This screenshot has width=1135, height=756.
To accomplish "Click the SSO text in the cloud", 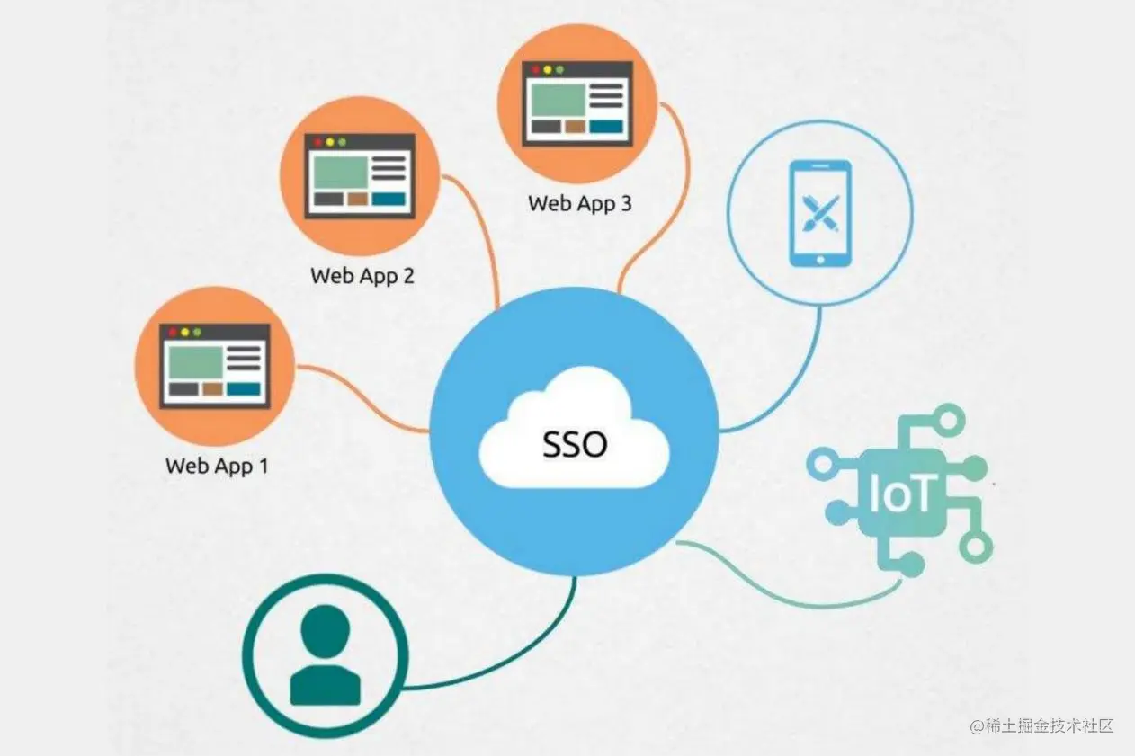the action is pyautogui.click(x=575, y=443).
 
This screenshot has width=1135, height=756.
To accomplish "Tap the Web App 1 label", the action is pyautogui.click(x=217, y=466).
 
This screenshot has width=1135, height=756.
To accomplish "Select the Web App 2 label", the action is pyautogui.click(x=362, y=275).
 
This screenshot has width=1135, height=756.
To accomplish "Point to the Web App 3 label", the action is pyautogui.click(x=579, y=203).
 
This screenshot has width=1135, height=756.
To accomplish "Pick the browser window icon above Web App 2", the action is pyautogui.click(x=359, y=176).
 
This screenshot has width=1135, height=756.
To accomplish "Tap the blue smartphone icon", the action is pyautogui.click(x=819, y=213).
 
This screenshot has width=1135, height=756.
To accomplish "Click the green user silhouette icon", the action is pyautogui.click(x=325, y=654).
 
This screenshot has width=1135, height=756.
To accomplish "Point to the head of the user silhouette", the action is pyautogui.click(x=325, y=629).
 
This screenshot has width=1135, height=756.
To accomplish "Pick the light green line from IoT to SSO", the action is pyautogui.click(x=791, y=589).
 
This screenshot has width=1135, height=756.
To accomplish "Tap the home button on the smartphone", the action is pyautogui.click(x=819, y=258).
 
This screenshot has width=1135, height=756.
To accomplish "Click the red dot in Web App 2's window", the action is pyautogui.click(x=315, y=142).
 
